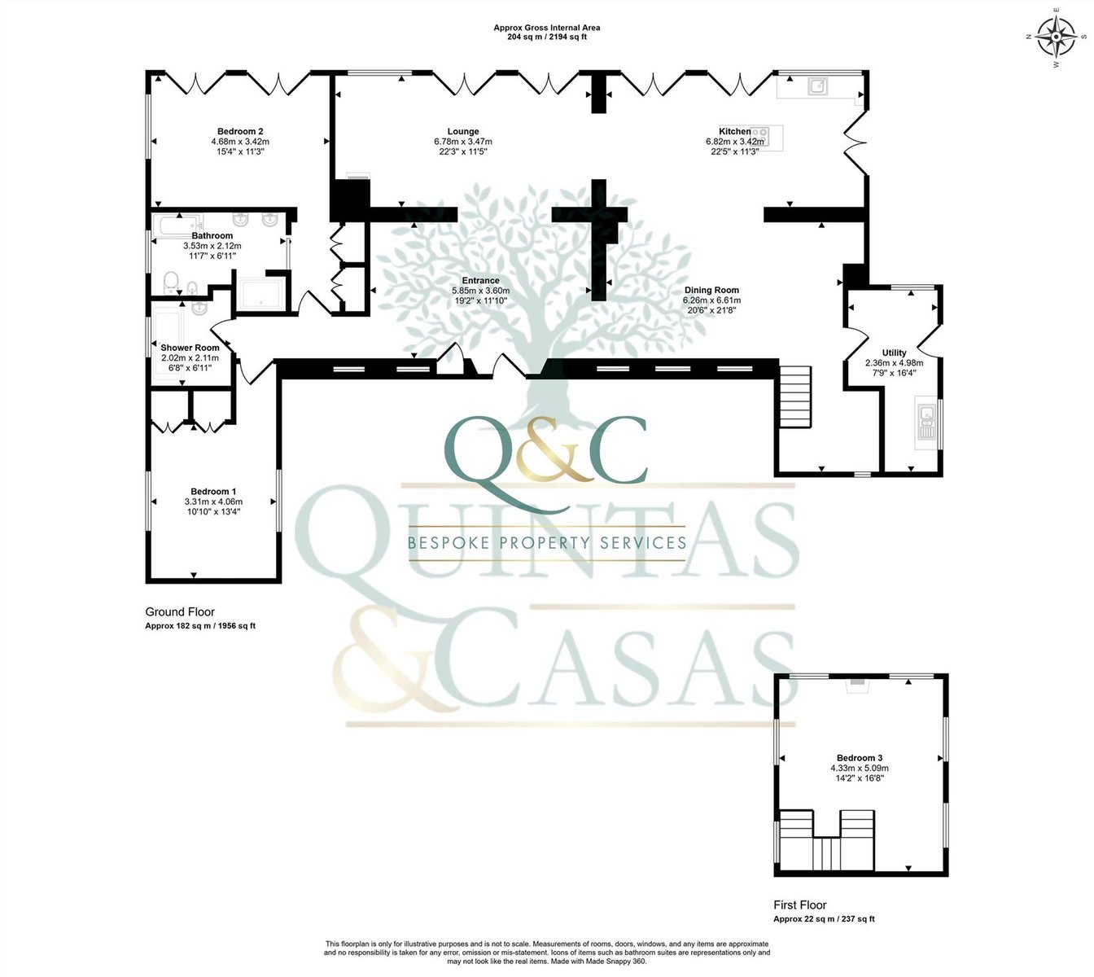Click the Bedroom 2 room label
(240, 131)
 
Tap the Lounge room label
(463, 131)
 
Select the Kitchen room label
(735, 131)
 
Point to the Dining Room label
(711, 290)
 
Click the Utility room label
(895, 353)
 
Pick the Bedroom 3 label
(860, 758)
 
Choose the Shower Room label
(190, 348)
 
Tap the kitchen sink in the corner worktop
(818, 85)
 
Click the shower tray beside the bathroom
(260, 295)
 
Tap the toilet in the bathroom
(171, 281)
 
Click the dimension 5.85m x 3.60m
(480, 291)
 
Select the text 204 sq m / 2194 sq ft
(547, 37)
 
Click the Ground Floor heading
(180, 612)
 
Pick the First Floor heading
(800, 905)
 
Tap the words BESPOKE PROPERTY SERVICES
(547, 542)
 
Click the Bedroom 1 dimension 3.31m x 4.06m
(213, 502)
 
